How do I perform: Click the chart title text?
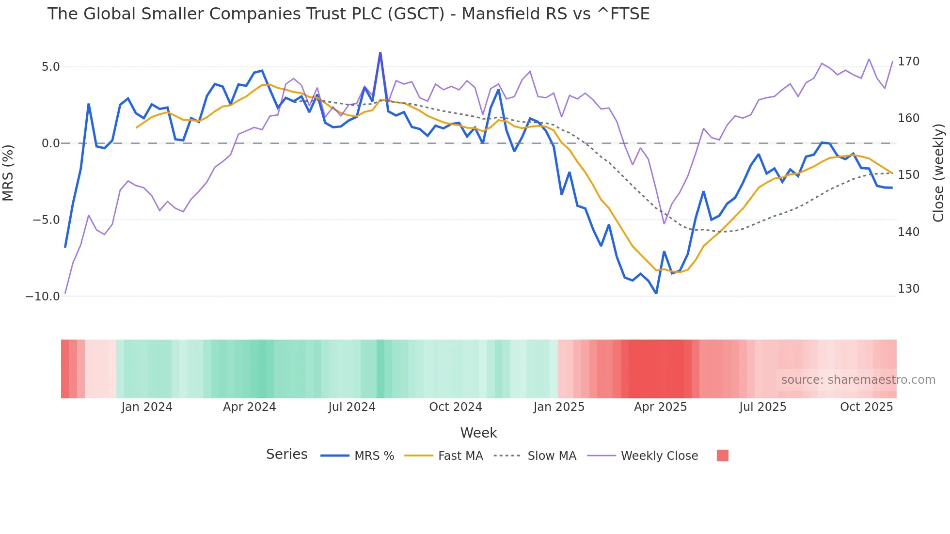(348, 14)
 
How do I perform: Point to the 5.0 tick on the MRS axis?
(50, 67)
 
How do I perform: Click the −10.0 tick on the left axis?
(43, 296)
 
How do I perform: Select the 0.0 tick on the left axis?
(50, 143)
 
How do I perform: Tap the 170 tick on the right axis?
(908, 62)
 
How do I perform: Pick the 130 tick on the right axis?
(908, 289)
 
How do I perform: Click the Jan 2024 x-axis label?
(147, 407)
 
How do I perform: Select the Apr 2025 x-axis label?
(660, 407)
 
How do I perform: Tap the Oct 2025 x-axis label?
(866, 407)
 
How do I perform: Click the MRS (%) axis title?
(8, 173)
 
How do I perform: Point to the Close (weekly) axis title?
(938, 173)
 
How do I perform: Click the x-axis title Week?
(478, 433)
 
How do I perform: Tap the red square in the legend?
(722, 455)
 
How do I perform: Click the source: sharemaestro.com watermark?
(858, 380)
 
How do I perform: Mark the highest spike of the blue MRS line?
(380, 53)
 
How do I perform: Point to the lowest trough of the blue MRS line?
(656, 293)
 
